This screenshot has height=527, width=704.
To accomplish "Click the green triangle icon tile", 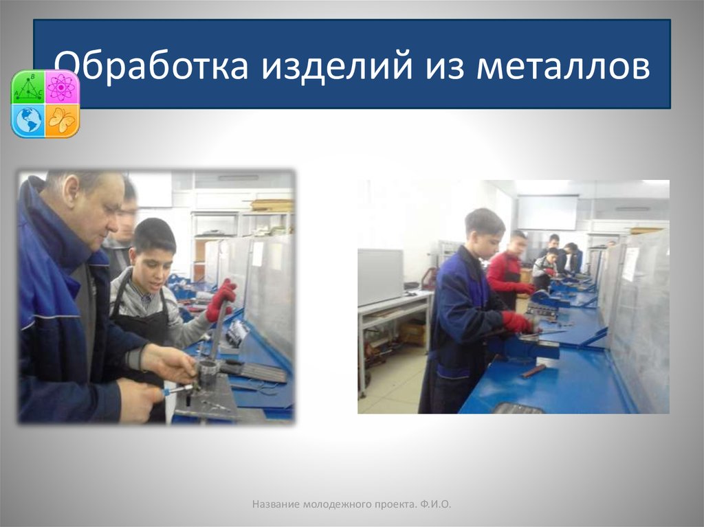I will point(28,87).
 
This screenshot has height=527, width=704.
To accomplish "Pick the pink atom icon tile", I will point(62,87).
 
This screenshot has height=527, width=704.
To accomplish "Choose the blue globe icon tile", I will point(28,120).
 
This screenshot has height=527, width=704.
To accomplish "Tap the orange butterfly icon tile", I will point(62,120).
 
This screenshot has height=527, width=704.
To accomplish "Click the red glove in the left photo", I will point(221,299).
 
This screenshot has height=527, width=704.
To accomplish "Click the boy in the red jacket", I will point(507,269).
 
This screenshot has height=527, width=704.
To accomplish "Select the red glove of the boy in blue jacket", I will point(516,322).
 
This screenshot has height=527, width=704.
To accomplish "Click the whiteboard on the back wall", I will point(547,212).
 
